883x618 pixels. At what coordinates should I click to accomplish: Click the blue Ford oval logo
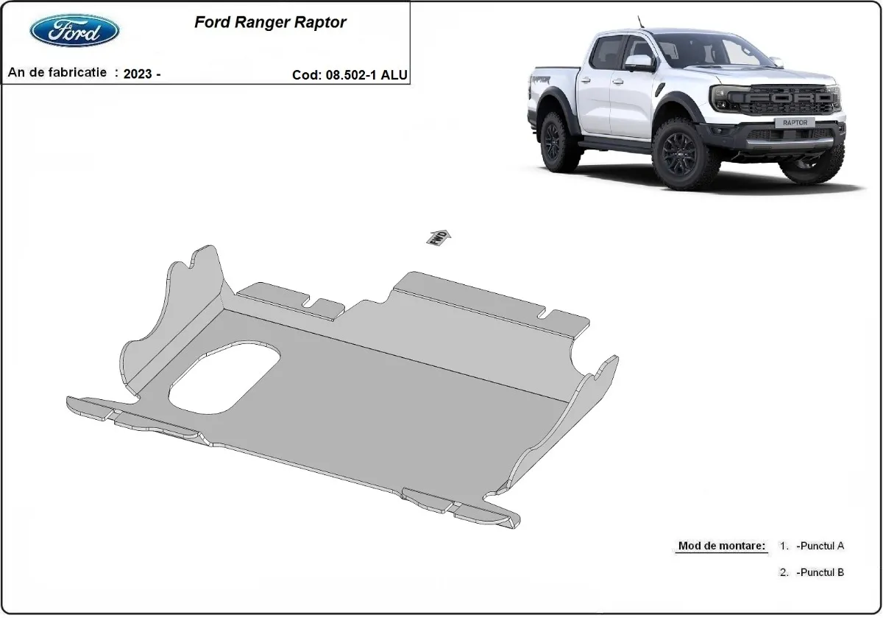point(74,30)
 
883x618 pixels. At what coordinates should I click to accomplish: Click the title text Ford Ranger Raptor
point(270,22)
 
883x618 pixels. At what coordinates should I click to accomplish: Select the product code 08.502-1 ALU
point(365,74)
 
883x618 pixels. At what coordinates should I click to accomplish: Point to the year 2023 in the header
point(139,74)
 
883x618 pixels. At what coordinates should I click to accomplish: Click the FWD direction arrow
point(438,236)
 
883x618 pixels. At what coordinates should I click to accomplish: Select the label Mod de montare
point(721,547)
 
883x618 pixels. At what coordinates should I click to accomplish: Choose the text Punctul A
point(820,547)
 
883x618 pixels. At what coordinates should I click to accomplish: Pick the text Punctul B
point(820,572)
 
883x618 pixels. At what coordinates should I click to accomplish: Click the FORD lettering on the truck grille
point(790,96)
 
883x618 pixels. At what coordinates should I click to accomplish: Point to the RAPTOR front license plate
point(794,123)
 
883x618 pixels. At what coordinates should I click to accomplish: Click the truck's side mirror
point(639,62)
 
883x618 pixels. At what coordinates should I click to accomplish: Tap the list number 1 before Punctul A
point(784,547)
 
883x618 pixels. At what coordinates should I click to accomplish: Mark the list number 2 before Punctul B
point(784,572)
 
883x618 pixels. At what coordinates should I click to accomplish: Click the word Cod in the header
point(305,74)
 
